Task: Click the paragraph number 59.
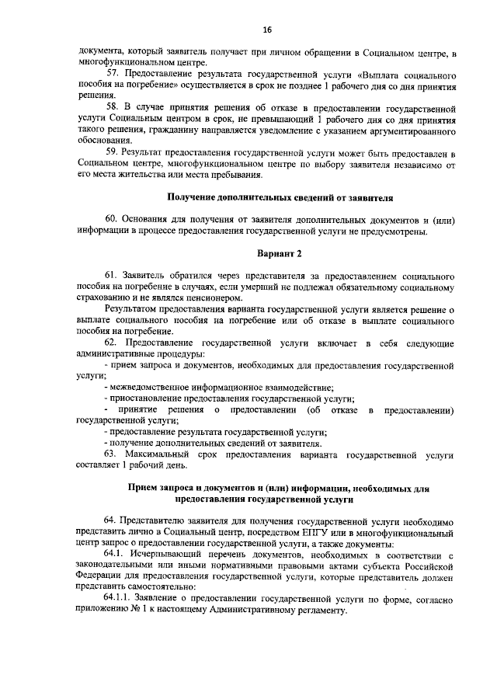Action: click(x=112, y=152)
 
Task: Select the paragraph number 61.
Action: click(x=112, y=277)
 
